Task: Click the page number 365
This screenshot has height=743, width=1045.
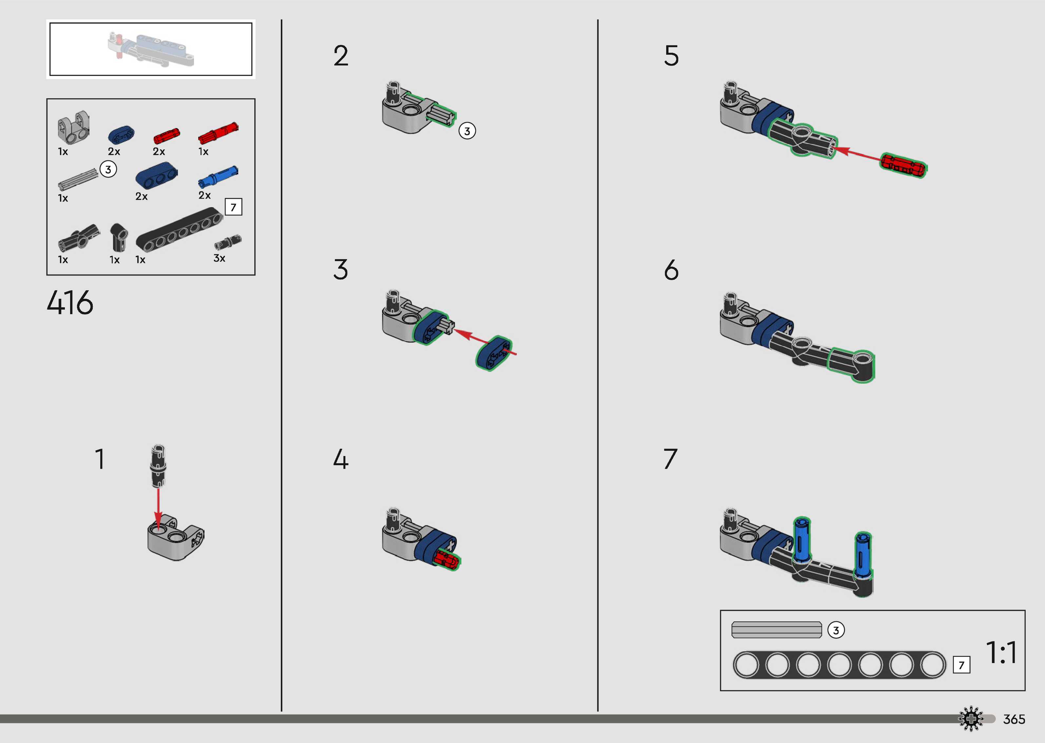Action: coord(1014,719)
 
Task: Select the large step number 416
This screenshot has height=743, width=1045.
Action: coord(70,303)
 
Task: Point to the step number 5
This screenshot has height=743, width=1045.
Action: coord(671,56)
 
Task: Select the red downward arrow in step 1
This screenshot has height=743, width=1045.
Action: coord(158,508)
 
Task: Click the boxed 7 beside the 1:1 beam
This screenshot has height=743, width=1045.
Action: coord(961,665)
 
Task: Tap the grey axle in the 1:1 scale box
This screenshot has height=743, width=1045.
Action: coord(776,630)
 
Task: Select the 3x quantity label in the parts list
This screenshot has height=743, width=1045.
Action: coord(219,258)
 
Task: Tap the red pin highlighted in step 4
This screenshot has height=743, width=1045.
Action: coord(445,560)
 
